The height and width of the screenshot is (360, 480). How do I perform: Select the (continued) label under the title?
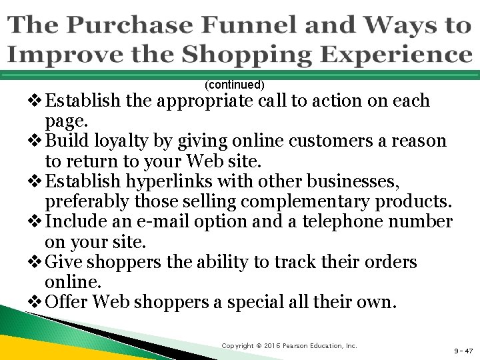pos(235,85)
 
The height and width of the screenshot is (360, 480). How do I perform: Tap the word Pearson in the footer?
pos(305,345)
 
